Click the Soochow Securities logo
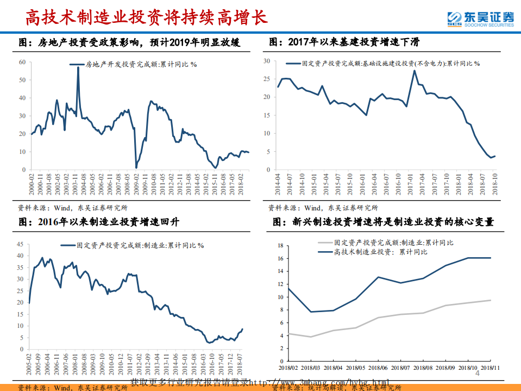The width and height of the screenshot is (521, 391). point(479,18)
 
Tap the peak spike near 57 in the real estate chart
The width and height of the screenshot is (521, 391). point(78,67)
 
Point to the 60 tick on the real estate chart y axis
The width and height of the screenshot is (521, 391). point(22,62)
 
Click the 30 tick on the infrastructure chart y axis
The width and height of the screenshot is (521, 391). point(267,61)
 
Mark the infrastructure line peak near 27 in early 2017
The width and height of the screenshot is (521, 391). point(414,70)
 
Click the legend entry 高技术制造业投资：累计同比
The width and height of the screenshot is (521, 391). point(380,252)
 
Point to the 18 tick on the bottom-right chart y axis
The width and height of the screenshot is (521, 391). point(281,246)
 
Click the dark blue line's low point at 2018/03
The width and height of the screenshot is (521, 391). point(310,312)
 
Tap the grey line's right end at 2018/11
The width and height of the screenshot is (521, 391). point(491,300)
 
